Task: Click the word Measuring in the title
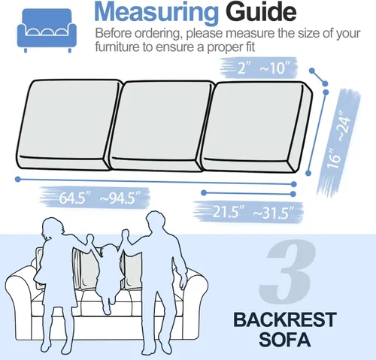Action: (156, 13)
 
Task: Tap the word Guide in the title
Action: (261, 11)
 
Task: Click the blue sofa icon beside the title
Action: (47, 30)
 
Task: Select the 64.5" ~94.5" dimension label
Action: (100, 198)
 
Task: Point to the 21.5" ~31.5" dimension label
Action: (253, 213)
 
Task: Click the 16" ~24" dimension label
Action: (338, 142)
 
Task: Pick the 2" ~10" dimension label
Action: (263, 68)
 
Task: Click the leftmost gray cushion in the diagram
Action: (69, 125)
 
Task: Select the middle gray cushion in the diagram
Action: (161, 126)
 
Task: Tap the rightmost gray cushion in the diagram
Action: (257, 127)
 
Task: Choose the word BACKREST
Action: (285, 319)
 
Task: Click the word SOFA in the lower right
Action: (285, 340)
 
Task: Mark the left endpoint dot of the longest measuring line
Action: (18, 179)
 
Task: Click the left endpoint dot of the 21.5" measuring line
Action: (204, 192)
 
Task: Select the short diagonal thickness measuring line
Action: (318, 77)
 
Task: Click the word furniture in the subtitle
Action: (117, 47)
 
